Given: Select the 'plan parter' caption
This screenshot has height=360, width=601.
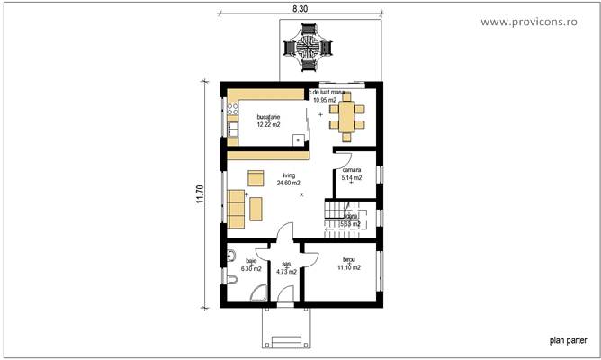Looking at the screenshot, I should (x=568, y=341).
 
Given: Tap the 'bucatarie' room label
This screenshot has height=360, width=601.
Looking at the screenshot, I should (x=268, y=117).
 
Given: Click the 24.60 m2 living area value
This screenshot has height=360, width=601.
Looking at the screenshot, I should (x=288, y=183).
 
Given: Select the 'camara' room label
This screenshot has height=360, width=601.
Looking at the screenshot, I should (x=351, y=170).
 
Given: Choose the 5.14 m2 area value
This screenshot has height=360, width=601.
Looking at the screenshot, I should (x=351, y=178).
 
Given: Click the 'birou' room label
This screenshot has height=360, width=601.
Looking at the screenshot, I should (x=348, y=259).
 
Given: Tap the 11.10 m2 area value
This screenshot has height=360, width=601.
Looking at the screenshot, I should (x=348, y=267).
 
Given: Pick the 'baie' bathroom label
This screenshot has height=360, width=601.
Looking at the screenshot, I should (x=250, y=261).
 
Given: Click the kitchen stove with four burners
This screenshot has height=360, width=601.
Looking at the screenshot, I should (x=231, y=112).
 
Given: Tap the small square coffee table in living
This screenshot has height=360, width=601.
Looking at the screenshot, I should (x=256, y=176).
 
